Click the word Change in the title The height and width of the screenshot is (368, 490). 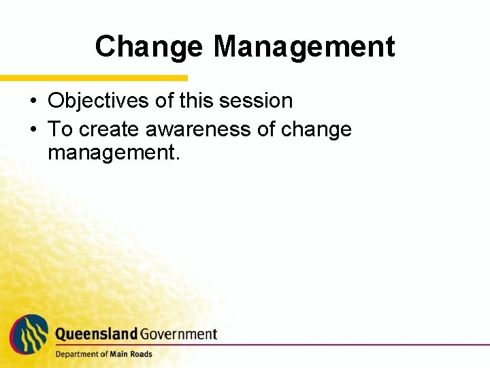[148, 47]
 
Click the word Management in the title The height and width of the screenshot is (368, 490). [304, 47]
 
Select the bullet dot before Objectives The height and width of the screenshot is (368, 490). [33, 102]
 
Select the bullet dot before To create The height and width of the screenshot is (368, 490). [33, 130]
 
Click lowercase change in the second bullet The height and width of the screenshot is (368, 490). [319, 129]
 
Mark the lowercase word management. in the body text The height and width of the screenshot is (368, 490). [114, 153]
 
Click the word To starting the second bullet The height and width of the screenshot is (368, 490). [59, 129]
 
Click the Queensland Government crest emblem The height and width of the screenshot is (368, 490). [29, 333]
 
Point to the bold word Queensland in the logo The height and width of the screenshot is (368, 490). [96, 334]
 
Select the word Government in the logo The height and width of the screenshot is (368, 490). [178, 334]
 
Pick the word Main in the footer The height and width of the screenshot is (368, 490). [118, 354]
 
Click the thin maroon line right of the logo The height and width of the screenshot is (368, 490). [354, 344]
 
